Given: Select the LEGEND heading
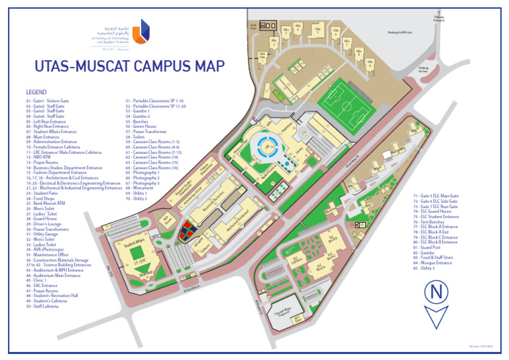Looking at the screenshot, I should coord(36,91).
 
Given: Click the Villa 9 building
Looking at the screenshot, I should coord(369,65).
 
